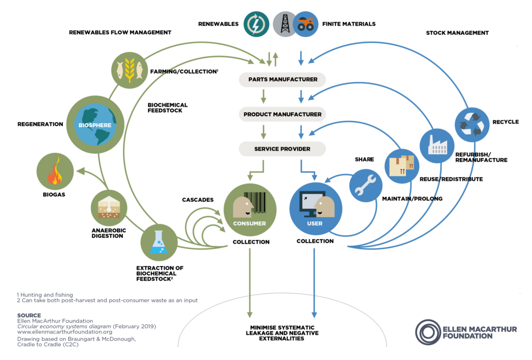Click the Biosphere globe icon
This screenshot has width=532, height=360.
pyautogui.click(x=95, y=125)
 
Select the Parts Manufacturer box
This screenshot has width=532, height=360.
pyautogui.click(x=282, y=79)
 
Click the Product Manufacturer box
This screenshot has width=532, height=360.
pyautogui.click(x=282, y=114)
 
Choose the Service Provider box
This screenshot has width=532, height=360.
pyautogui.click(x=282, y=149)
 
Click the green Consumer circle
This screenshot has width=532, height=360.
pyautogui.click(x=249, y=209)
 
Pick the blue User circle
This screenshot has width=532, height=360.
pyautogui.click(x=315, y=209)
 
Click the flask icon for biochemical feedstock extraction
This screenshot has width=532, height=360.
pyautogui.click(x=158, y=242)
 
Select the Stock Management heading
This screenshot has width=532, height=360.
pyautogui.click(x=457, y=33)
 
